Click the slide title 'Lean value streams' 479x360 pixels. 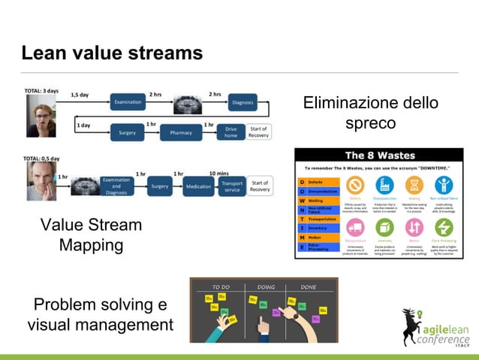tap(112, 53)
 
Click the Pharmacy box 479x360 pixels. tap(181, 132)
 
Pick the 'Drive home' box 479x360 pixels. tap(231, 132)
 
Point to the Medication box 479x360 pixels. tap(198, 186)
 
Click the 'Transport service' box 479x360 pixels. tap(232, 186)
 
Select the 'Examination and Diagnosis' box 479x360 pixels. tap(116, 186)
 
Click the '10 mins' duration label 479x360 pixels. tap(219, 174)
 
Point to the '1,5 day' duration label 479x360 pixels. tap(80, 95)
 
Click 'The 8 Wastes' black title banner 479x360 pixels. tap(378, 156)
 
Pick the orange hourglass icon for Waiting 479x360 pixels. tap(414, 185)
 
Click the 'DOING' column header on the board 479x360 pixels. tap(265, 286)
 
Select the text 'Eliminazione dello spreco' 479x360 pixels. tap(370, 112)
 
